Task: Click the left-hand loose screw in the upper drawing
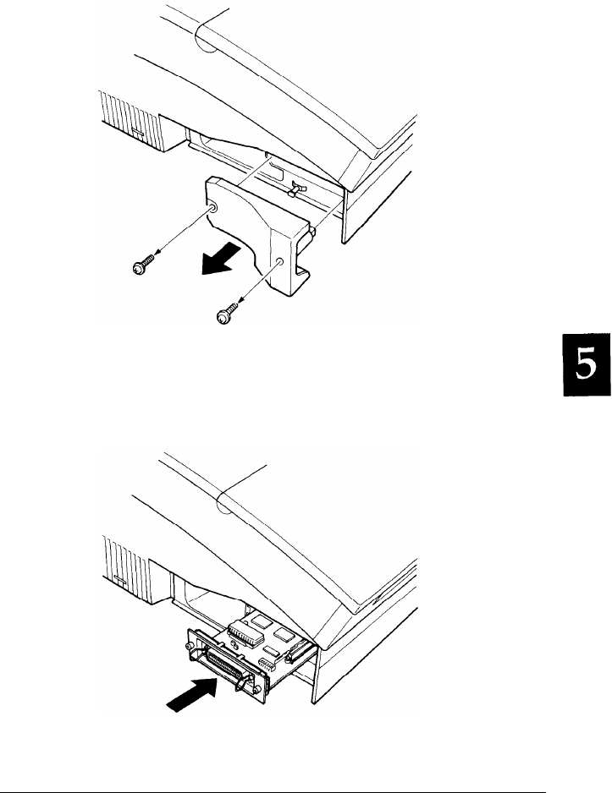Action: pos(144,264)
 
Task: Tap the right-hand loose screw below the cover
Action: pos(228,312)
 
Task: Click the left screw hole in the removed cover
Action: pos(212,208)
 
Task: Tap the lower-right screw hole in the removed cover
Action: pos(279,261)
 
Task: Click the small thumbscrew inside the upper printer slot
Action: pos(295,189)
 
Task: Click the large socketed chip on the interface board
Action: pos(245,634)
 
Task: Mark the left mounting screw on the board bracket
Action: pos(190,648)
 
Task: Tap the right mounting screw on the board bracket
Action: pos(259,692)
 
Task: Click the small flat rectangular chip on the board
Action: pos(271,650)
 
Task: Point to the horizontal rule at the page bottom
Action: pos(273,791)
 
